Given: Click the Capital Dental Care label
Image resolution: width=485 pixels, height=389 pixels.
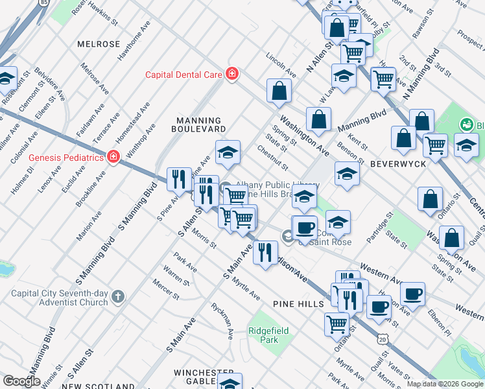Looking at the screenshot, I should coord(183,75).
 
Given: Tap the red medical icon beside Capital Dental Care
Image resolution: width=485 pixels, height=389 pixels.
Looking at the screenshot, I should coord(231,75).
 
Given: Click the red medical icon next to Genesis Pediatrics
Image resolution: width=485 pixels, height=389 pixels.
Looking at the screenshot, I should coord(113,157).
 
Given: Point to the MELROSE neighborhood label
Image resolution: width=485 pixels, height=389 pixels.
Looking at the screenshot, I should coord(99,44).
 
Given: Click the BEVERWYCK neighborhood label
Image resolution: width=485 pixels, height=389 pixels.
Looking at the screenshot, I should coord(398,164).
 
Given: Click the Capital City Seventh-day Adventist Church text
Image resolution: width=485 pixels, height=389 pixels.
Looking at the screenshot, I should coord(59,298).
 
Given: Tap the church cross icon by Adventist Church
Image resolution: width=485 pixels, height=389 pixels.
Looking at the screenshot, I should coord(117,297).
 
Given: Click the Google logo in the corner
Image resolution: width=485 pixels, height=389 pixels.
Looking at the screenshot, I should coord(21,381).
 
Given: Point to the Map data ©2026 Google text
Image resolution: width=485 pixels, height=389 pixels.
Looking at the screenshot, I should coord(445,384).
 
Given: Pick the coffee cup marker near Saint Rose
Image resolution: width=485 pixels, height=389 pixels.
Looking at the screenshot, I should coord(304,228).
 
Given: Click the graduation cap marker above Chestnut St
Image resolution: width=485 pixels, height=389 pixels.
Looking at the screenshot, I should coord(228,153).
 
